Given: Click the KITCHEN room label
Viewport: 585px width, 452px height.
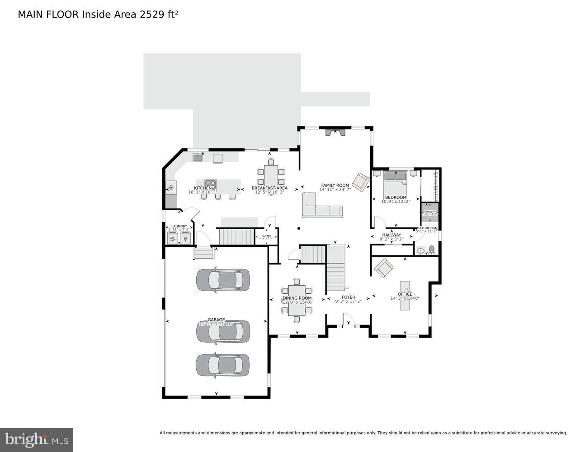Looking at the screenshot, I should click(x=203, y=188).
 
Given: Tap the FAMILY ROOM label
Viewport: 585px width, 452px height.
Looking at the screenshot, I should click(x=335, y=185).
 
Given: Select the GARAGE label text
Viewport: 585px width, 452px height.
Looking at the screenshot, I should click(x=216, y=320).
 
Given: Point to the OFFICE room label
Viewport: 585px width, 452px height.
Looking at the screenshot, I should click(x=405, y=294).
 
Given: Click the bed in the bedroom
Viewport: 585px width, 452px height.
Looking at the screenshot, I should click(x=395, y=180).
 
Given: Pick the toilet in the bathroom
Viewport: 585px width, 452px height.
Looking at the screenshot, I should click(x=431, y=249).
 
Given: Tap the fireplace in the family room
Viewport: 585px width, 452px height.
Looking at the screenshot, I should click(x=335, y=132).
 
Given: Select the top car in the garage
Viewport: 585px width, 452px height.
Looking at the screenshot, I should click(x=222, y=280).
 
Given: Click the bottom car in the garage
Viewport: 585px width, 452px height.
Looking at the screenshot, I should click(x=222, y=365).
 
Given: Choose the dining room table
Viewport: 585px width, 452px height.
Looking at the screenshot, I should click(x=297, y=300).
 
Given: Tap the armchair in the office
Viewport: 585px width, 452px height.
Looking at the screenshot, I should click(x=384, y=268).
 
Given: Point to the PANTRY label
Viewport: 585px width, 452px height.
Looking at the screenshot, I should click(x=266, y=235).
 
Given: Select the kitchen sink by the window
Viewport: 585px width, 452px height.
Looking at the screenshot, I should click(x=198, y=157).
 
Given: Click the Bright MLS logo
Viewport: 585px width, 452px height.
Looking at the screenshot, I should click(x=37, y=440).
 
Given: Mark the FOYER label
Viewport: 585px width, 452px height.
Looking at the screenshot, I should click(x=348, y=297).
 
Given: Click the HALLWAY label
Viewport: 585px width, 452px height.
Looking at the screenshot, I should click(x=392, y=235).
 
